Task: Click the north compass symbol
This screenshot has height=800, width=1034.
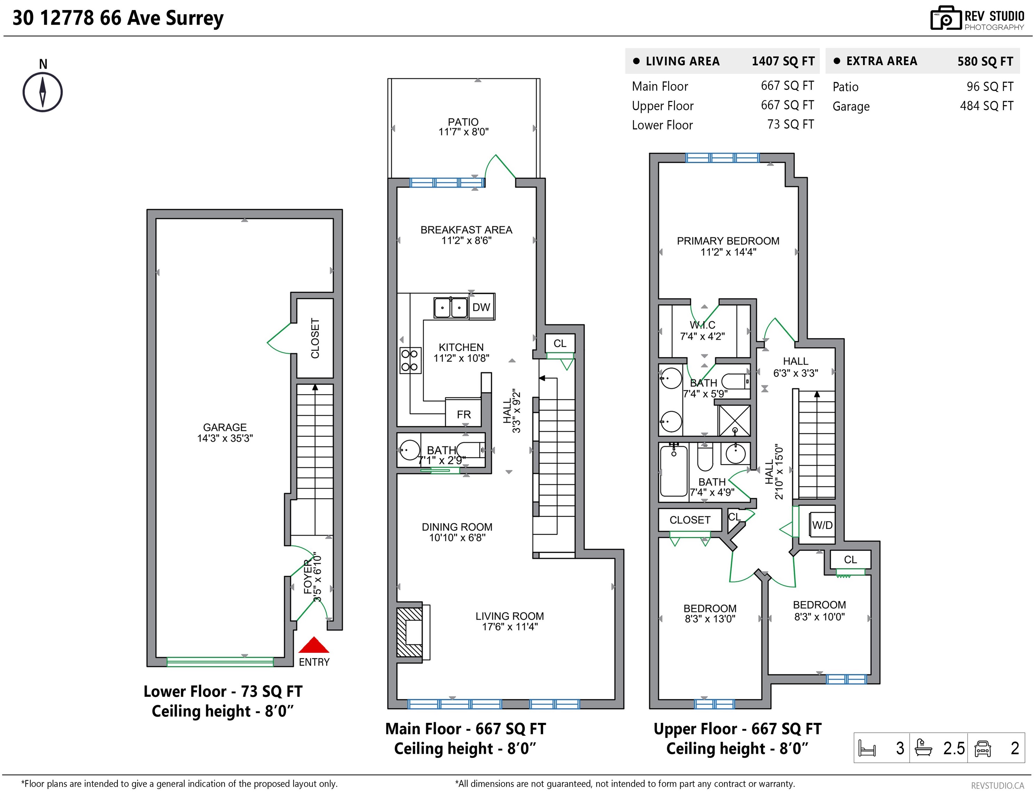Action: click(43, 92)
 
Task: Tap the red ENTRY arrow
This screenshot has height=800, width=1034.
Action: click(313, 645)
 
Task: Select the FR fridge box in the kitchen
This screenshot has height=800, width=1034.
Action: click(463, 414)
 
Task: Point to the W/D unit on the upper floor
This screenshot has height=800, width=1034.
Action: click(822, 525)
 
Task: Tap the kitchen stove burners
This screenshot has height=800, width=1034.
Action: click(410, 360)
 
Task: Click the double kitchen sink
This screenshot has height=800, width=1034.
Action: click(451, 308)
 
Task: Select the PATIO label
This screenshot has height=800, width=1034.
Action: click(463, 122)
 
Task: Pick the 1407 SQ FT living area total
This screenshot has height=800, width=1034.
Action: click(783, 61)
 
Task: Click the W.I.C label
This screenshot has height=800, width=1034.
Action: click(703, 325)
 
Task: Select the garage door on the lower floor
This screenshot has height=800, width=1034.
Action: click(220, 662)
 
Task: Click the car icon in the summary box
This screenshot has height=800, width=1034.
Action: click(983, 748)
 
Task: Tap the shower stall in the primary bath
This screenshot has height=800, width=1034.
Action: click(734, 420)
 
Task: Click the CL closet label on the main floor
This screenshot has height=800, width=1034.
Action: click(560, 343)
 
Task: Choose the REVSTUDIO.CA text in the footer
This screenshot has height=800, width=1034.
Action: click(998, 785)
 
